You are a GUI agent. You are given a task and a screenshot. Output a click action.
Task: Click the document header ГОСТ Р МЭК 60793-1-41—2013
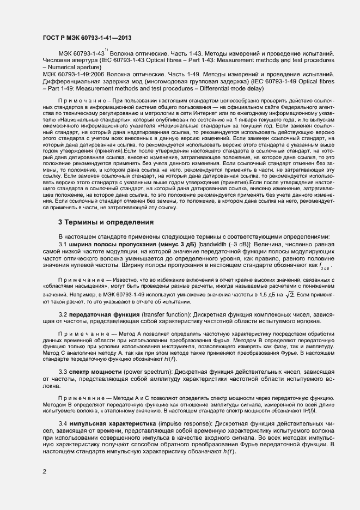click(x=87, y=38)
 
